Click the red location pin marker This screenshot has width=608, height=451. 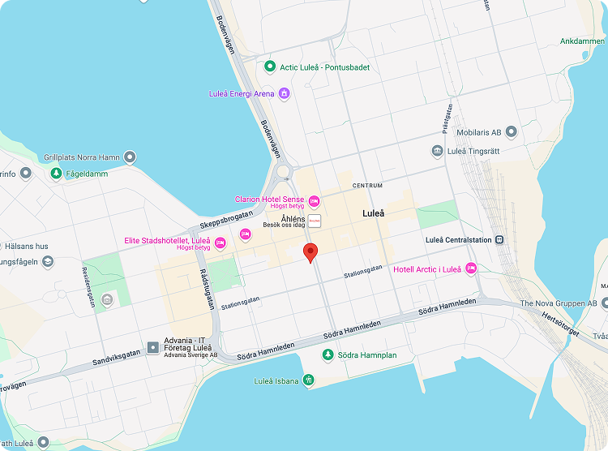(310, 252)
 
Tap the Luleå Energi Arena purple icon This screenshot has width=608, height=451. (284, 93)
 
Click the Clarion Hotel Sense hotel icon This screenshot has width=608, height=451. (315, 200)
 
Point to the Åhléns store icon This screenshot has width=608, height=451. (315, 220)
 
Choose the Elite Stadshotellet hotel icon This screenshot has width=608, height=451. (245, 234)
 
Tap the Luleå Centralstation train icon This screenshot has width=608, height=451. (500, 239)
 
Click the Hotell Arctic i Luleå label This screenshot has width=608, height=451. (426, 269)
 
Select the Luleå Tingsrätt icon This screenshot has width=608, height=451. (438, 151)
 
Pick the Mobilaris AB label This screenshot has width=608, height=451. (490, 132)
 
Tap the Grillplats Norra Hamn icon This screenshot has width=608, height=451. (130, 157)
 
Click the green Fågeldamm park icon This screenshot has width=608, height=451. (56, 173)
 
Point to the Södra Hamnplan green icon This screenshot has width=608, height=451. (328, 355)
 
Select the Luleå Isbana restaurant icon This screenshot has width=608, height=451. (308, 380)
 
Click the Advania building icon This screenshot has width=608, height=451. (152, 348)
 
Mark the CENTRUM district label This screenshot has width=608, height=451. (367, 186)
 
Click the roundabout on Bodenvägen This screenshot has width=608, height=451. (284, 172)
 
